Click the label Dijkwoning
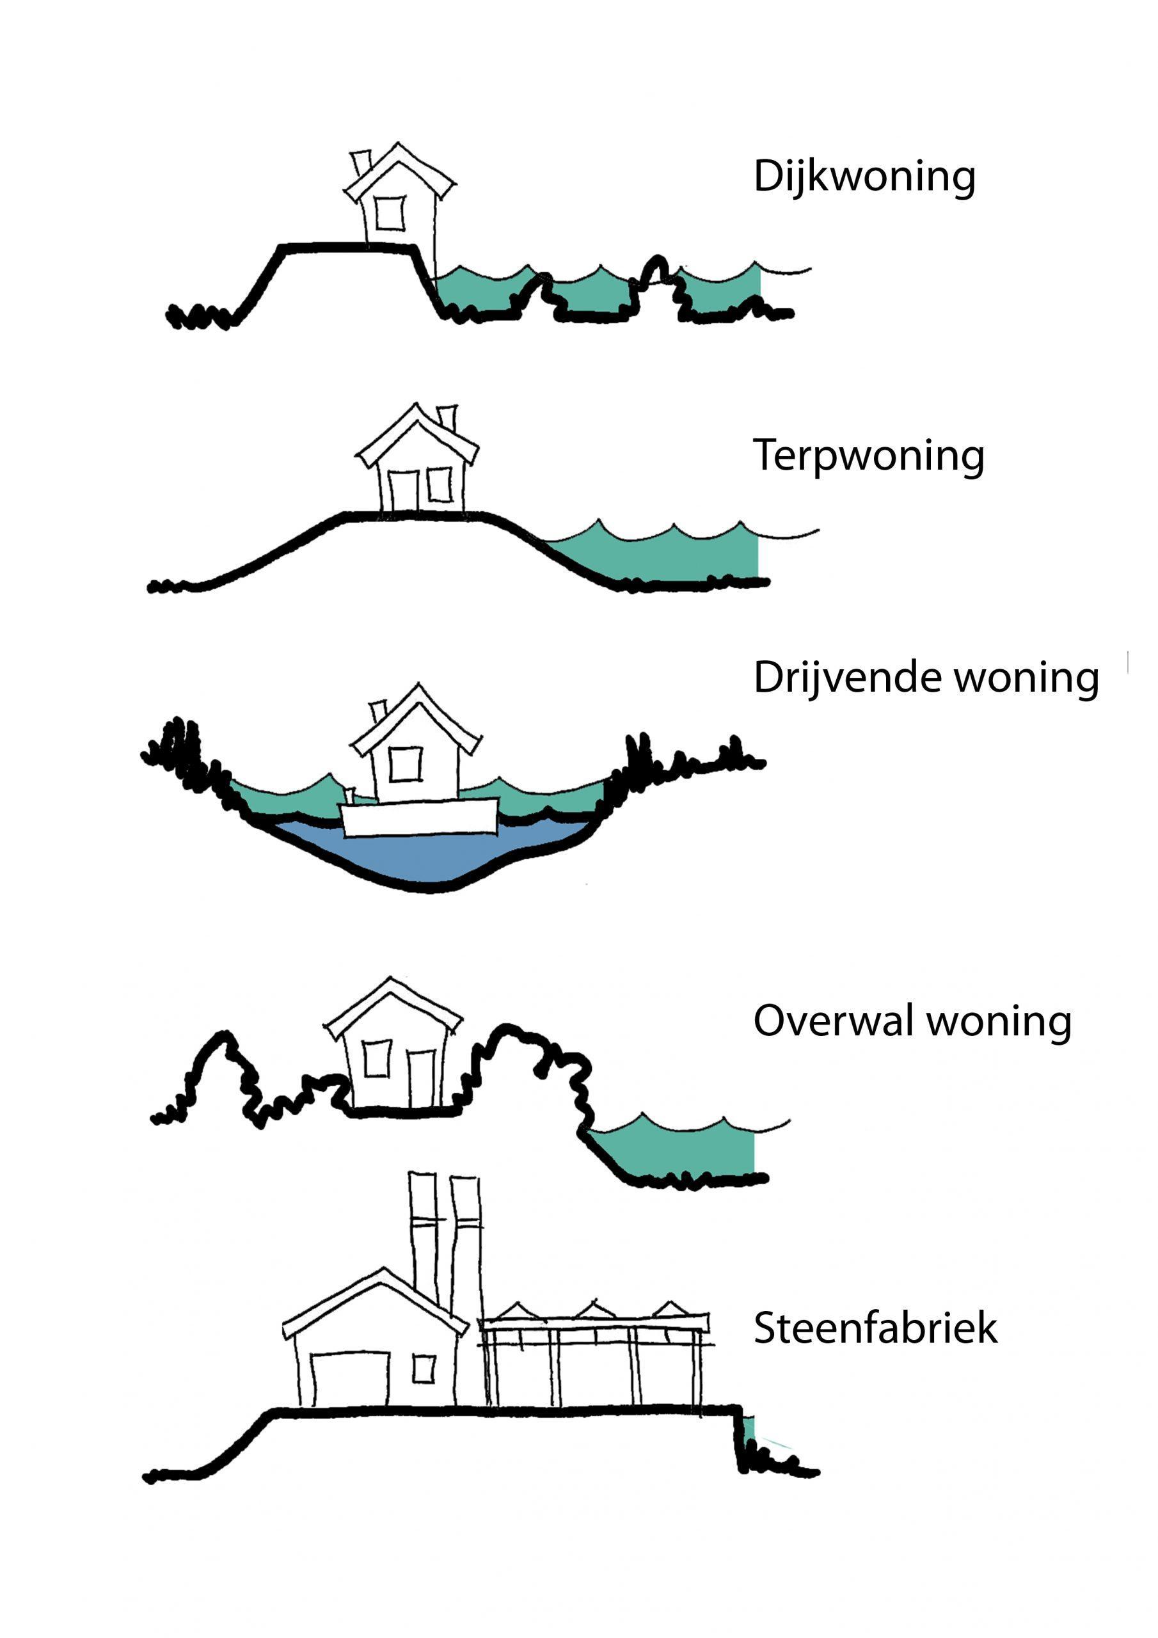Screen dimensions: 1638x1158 click(864, 177)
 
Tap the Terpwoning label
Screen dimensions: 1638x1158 click(868, 456)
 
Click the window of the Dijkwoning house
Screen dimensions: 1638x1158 click(390, 212)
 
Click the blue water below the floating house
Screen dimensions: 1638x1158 click(428, 856)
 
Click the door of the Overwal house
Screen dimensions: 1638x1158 click(422, 1078)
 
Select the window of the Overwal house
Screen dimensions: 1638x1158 click(377, 1059)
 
